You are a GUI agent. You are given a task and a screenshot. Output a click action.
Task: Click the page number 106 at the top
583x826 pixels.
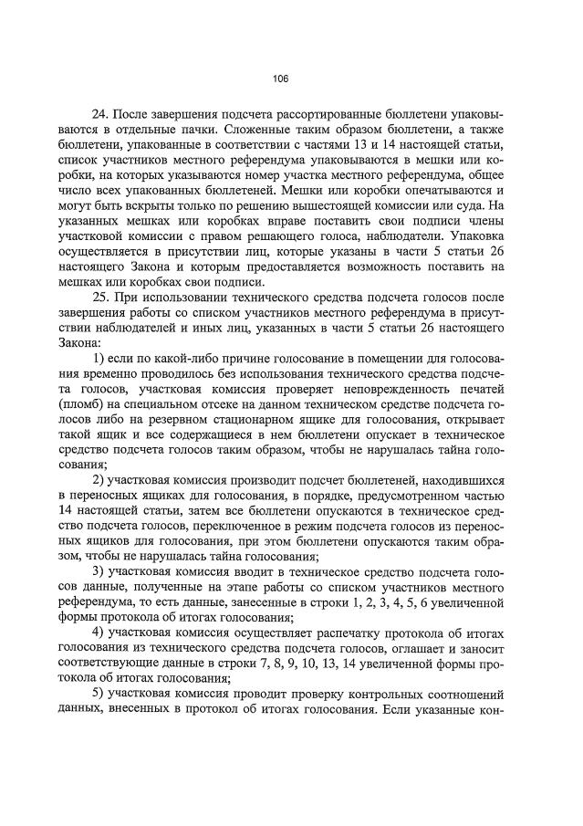[x=281, y=79]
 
